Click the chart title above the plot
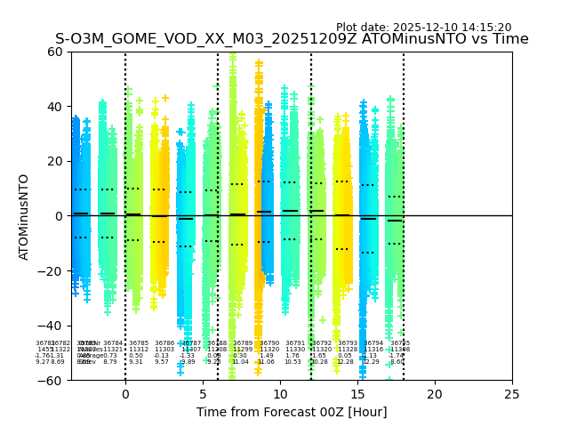(x=292, y=39)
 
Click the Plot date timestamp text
(x=423, y=28)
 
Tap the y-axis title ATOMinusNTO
(x=24, y=216)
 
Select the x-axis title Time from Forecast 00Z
(x=292, y=411)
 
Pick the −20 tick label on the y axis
(x=53, y=271)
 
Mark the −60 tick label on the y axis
(x=53, y=381)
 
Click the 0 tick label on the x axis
(x=124, y=393)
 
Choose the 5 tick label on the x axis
(x=202, y=393)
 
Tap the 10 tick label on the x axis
(x=279, y=393)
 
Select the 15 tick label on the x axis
(x=357, y=393)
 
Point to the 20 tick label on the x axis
(x=434, y=393)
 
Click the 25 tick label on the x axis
(x=511, y=393)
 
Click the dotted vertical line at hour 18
(x=404, y=178)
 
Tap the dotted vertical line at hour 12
(x=311, y=178)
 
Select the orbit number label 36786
(x=164, y=342)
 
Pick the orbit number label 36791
(x=295, y=342)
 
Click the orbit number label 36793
(x=348, y=342)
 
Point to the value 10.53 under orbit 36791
(x=293, y=362)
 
